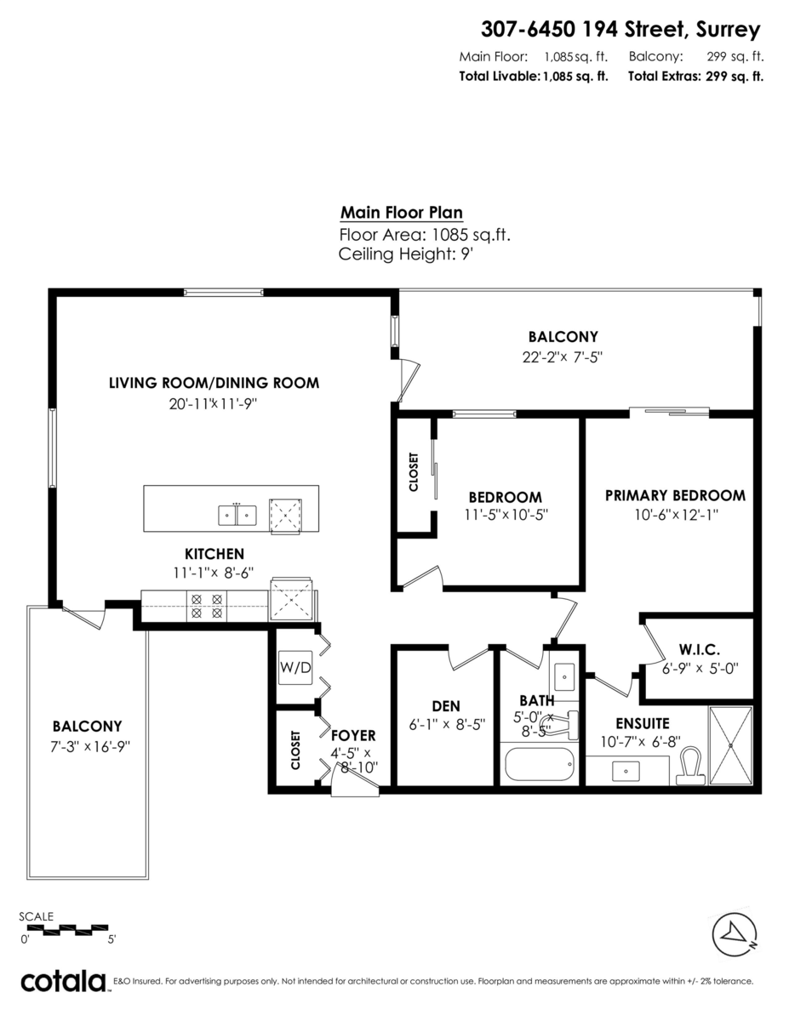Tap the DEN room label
click(x=445, y=705)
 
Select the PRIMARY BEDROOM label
click(x=675, y=495)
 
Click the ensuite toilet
click(x=689, y=765)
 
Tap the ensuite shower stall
click(x=730, y=744)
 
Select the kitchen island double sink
click(x=237, y=514)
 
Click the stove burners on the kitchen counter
click(x=206, y=605)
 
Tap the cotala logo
click(x=63, y=981)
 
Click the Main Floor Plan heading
click(x=402, y=213)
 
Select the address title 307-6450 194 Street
click(x=620, y=30)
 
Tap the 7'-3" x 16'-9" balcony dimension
click(x=87, y=746)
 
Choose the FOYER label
click(x=352, y=735)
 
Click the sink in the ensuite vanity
click(x=629, y=770)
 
